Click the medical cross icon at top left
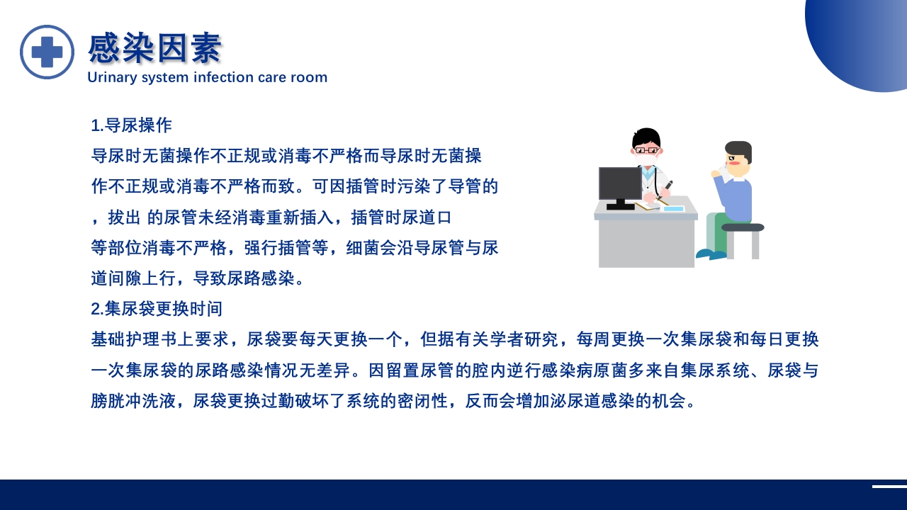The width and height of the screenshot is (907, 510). [47, 52]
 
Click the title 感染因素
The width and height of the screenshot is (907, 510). [154, 48]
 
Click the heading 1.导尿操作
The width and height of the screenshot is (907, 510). [131, 125]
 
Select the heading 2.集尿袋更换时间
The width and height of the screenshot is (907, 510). [157, 309]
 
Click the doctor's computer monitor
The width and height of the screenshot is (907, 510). [620, 184]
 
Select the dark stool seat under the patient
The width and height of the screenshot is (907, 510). [743, 227]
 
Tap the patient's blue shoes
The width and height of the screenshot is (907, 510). [711, 254]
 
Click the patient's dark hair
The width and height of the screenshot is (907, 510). [738, 149]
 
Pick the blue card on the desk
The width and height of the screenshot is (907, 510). [673, 208]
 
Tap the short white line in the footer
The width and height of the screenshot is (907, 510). [889, 486]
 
